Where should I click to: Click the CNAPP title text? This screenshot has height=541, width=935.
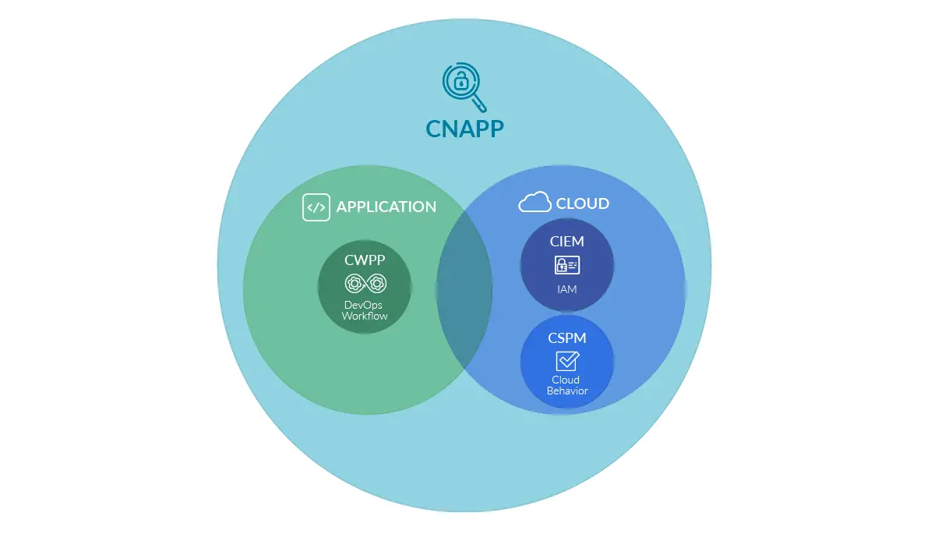point(464,128)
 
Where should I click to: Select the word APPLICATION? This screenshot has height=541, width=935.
point(386,207)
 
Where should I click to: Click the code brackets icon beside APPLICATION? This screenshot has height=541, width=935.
point(316,207)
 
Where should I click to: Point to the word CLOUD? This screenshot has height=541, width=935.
point(582,203)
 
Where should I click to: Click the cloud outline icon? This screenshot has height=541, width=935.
point(535,203)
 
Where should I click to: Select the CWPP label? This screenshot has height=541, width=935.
point(365,260)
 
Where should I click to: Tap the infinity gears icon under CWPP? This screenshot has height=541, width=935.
point(365,282)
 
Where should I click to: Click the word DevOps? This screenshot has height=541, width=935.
point(364,305)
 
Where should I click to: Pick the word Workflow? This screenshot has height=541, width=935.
point(364,316)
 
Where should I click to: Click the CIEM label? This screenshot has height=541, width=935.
point(566,242)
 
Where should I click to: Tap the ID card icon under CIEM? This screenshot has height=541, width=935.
point(566,265)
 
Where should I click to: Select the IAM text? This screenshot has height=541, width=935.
point(566,289)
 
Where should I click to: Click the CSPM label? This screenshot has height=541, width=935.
point(566,339)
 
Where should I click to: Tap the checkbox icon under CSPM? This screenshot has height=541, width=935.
point(567,361)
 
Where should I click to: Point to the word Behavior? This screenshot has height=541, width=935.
point(566,391)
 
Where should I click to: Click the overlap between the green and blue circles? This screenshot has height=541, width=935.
point(464,290)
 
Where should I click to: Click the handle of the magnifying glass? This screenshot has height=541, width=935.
point(479,104)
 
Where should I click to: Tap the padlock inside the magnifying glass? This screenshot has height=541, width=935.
point(460,80)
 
